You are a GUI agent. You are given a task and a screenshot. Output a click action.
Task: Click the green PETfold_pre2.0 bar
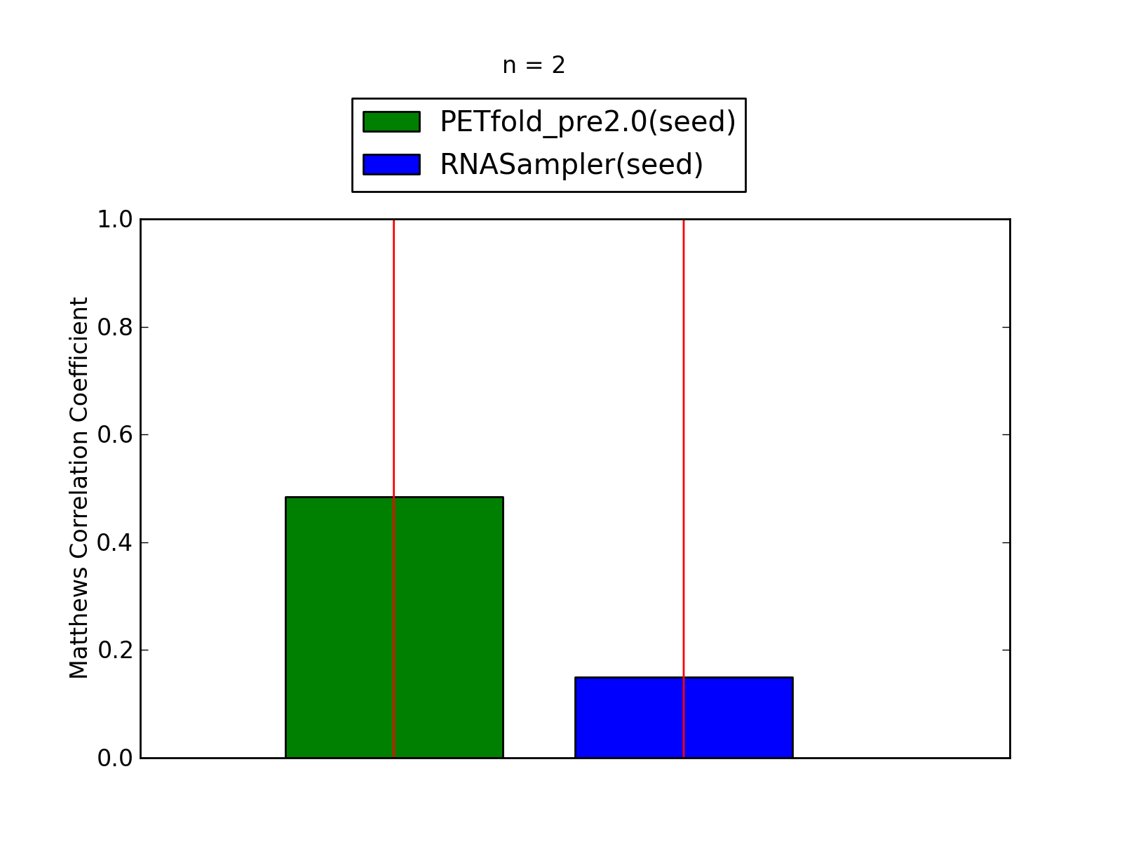pos(394,627)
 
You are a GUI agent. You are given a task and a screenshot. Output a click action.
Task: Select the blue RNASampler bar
pos(684,718)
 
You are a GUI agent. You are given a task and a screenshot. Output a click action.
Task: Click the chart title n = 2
pos(534,65)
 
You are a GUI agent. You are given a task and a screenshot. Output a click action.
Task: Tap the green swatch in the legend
pos(391,121)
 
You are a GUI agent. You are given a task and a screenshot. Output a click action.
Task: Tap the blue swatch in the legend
pos(391,165)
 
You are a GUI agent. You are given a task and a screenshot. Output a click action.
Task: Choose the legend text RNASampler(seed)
pos(572,165)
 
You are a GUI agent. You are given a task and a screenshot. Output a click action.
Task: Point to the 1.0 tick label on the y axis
pos(115,220)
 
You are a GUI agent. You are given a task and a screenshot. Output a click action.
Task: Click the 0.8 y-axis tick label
pos(115,327)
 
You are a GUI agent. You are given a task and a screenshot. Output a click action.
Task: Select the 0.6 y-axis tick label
pos(115,435)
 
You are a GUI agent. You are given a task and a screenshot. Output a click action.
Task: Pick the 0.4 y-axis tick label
pos(115,542)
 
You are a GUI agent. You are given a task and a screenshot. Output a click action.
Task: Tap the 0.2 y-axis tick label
pos(115,650)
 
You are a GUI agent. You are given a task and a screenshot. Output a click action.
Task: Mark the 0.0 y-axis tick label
pos(115,759)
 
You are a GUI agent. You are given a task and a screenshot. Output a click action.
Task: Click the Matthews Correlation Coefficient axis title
pos(79,488)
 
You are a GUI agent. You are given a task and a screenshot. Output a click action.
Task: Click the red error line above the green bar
pos(393,358)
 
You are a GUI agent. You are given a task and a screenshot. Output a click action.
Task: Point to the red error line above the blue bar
pos(684,448)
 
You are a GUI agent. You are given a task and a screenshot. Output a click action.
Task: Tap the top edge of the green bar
pos(394,497)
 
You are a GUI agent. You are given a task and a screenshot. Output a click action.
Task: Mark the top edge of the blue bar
pos(684,678)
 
